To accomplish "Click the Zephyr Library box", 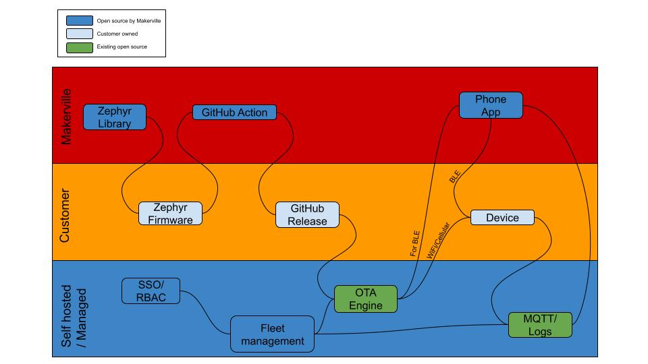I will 115,117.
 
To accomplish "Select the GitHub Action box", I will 234,113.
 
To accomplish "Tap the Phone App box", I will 491,105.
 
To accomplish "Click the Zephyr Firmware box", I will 170,214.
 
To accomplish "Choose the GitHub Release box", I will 308,214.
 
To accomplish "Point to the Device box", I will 502,218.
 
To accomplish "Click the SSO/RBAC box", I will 151,291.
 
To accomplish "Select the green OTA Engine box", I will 366,299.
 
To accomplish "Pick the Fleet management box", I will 273,334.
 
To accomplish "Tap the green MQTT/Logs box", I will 540,325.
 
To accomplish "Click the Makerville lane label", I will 66,117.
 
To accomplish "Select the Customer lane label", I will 65,216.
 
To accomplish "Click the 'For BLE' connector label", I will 414,243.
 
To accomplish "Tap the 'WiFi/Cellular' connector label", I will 439,241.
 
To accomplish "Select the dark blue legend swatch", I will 80,21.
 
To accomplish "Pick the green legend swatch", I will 80,47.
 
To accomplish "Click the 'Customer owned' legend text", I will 117,34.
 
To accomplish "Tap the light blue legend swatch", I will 80,34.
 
